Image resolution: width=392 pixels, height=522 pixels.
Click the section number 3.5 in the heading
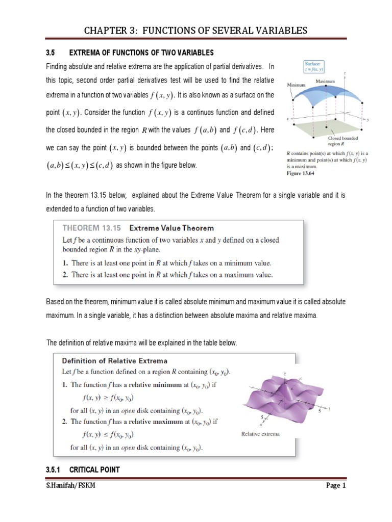click(50, 53)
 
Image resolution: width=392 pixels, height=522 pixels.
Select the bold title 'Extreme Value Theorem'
click(172, 228)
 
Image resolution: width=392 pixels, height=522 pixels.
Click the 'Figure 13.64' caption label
click(302, 173)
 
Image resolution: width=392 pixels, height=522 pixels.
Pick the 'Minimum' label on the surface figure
click(296, 85)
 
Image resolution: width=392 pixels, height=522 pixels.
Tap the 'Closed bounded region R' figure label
click(342, 141)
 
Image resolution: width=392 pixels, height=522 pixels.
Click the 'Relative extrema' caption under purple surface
click(260, 434)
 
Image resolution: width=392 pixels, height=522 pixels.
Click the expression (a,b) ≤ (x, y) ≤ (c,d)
click(79, 165)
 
